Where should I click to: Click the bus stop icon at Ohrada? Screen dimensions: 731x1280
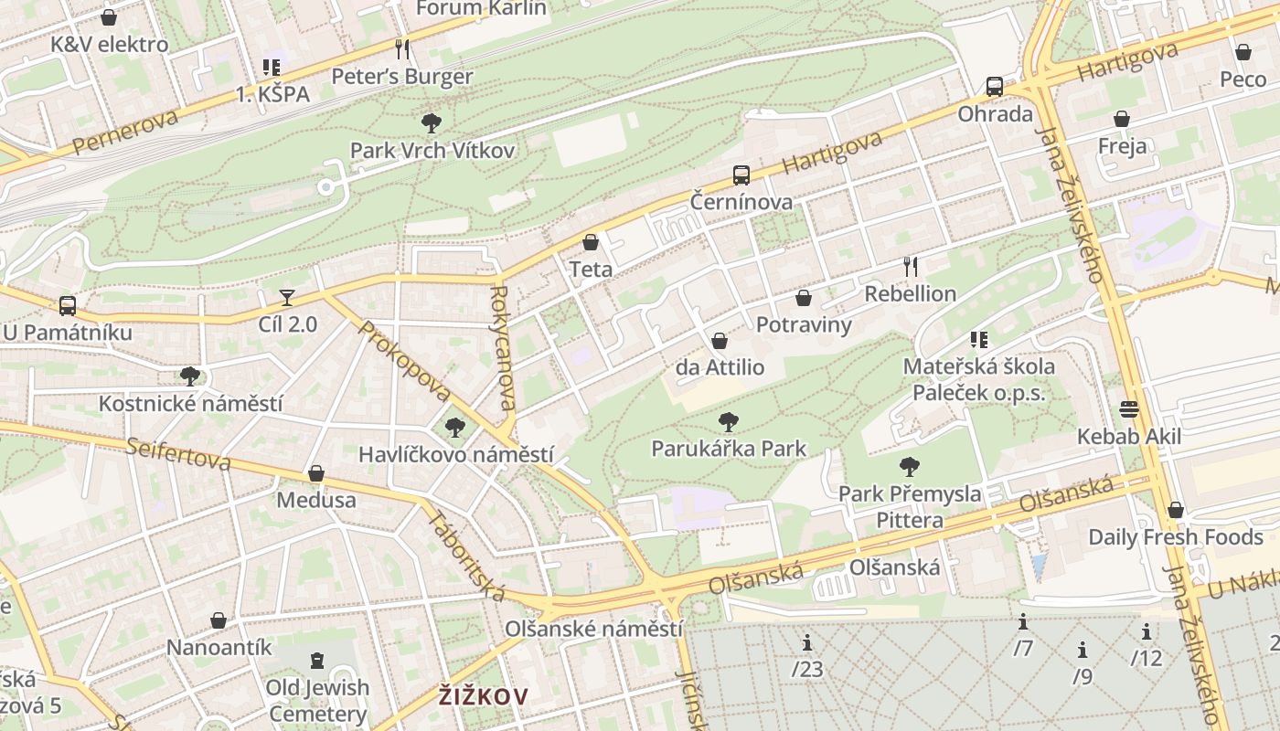[995, 87]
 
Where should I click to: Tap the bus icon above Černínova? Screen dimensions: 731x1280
[741, 175]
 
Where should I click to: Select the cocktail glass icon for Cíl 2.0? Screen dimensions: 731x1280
[287, 297]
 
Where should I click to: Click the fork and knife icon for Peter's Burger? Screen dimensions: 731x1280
[402, 48]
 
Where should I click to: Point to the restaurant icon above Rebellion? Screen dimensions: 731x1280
[910, 266]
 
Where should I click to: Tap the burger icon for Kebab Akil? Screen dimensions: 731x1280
[1128, 409]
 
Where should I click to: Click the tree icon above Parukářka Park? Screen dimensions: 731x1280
[729, 421]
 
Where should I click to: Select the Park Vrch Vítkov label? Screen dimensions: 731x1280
[432, 150]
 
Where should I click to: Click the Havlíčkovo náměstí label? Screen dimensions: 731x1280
[455, 454]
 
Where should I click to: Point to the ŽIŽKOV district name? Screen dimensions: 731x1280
[483, 696]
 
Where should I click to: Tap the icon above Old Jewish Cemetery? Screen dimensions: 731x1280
[317, 660]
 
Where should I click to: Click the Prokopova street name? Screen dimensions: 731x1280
[405, 361]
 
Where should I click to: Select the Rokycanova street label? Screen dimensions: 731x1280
[504, 348]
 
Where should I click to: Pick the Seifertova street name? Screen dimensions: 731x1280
[178, 453]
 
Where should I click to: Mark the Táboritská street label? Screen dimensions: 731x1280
[466, 555]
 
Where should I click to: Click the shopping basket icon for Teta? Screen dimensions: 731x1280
[591, 242]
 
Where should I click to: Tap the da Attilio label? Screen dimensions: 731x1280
[720, 367]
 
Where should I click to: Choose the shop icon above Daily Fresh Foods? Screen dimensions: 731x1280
[1176, 510]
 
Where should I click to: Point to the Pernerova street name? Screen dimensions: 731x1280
[124, 132]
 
